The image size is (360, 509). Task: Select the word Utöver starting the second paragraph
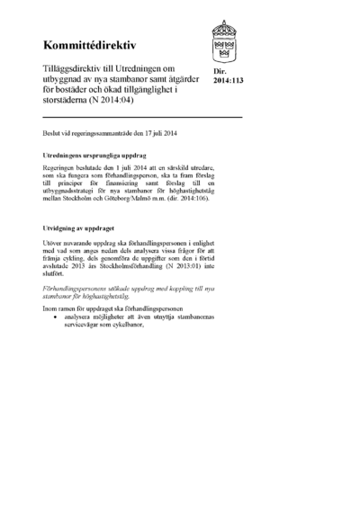pyautogui.click(x=54, y=245)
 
